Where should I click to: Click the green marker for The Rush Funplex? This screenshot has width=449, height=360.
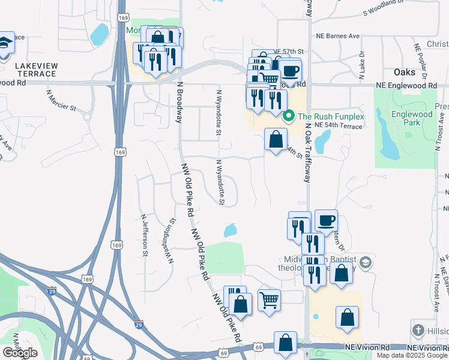[x=288, y=116]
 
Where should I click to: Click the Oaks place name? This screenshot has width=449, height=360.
[x=405, y=72]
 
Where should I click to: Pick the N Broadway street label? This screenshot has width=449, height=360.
[x=178, y=102]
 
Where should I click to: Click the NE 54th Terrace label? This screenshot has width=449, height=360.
[x=338, y=126]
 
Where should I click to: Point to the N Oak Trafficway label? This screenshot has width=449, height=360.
[x=308, y=153]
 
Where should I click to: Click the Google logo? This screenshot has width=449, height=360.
[x=20, y=353]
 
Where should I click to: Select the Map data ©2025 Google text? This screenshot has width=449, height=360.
[x=412, y=355]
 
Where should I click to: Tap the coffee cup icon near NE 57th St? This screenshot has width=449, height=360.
[x=290, y=71]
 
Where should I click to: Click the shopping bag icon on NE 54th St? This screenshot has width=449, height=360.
[x=276, y=140]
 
